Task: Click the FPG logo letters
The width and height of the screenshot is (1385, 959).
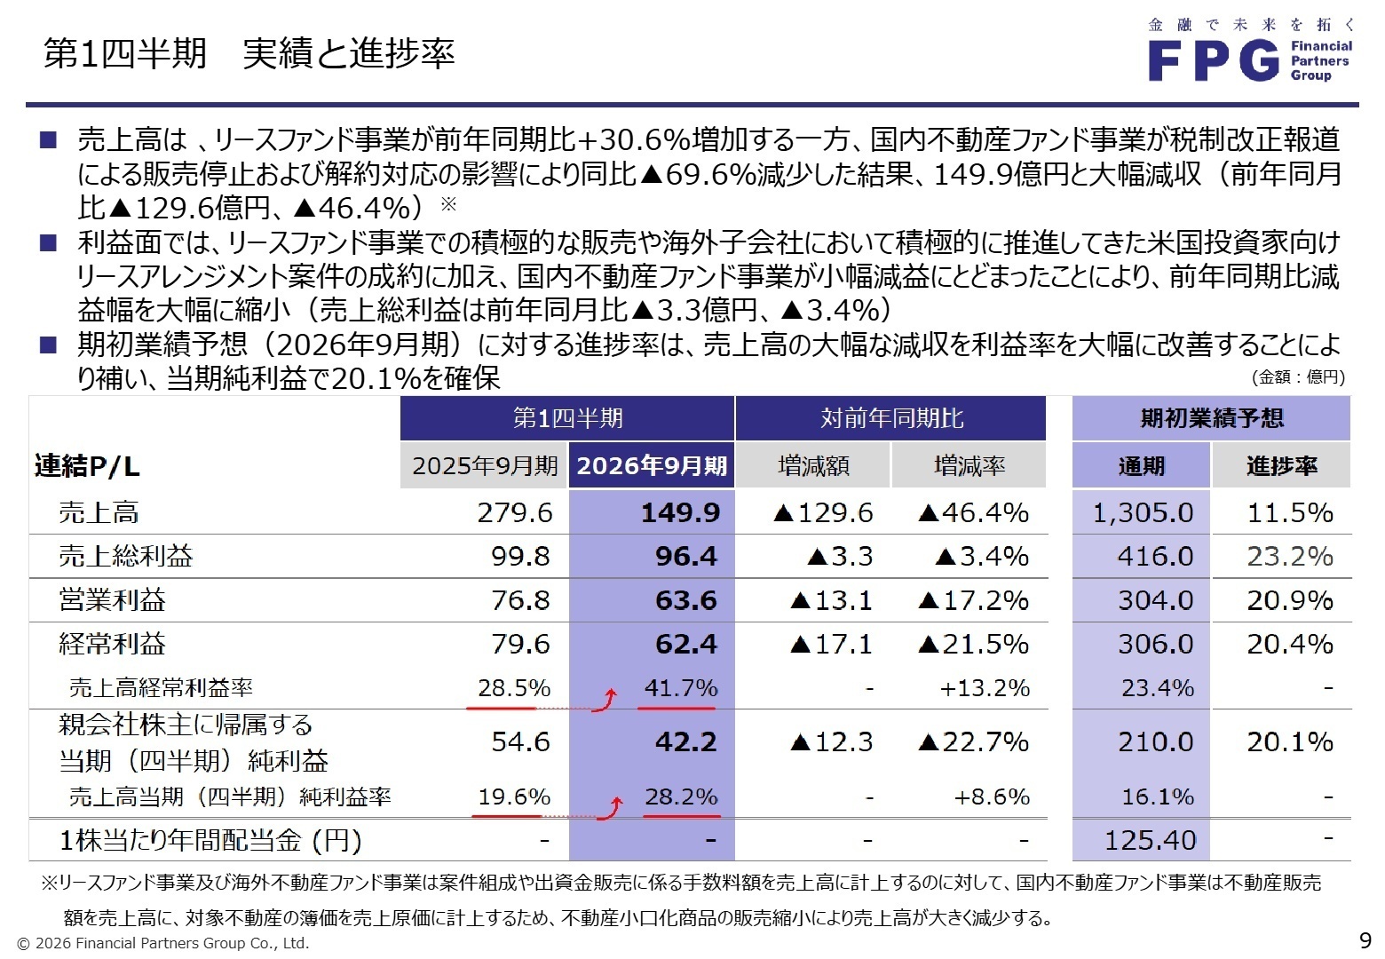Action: point(1214,61)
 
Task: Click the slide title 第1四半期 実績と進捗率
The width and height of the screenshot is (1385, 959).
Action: point(249,54)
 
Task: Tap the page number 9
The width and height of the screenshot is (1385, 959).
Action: point(1365,940)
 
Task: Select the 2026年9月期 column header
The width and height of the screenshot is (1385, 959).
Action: point(652,466)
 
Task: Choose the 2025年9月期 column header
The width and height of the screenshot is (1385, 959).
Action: point(485,466)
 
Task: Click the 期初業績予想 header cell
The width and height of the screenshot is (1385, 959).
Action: point(1211,418)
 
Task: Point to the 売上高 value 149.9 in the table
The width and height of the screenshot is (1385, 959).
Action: point(680,513)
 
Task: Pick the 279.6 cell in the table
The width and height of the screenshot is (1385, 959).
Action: point(515,513)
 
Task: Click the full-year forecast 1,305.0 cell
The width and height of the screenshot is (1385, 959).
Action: point(1143,513)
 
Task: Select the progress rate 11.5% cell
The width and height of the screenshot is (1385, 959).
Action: point(1289,513)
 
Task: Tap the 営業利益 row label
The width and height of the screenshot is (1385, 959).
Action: point(112,600)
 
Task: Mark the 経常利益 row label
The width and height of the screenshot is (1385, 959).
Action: point(112,644)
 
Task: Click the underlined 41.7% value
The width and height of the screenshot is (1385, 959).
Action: point(681,688)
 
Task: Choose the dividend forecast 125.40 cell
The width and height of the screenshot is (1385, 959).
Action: point(1150,840)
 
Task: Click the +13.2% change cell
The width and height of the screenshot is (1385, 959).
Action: point(985,688)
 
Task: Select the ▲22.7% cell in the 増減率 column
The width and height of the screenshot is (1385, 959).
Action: point(973,742)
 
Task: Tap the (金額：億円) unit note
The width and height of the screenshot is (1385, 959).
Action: point(1298,377)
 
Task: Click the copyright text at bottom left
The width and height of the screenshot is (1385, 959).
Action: point(163,943)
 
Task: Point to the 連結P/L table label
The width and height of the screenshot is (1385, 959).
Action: point(87,466)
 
